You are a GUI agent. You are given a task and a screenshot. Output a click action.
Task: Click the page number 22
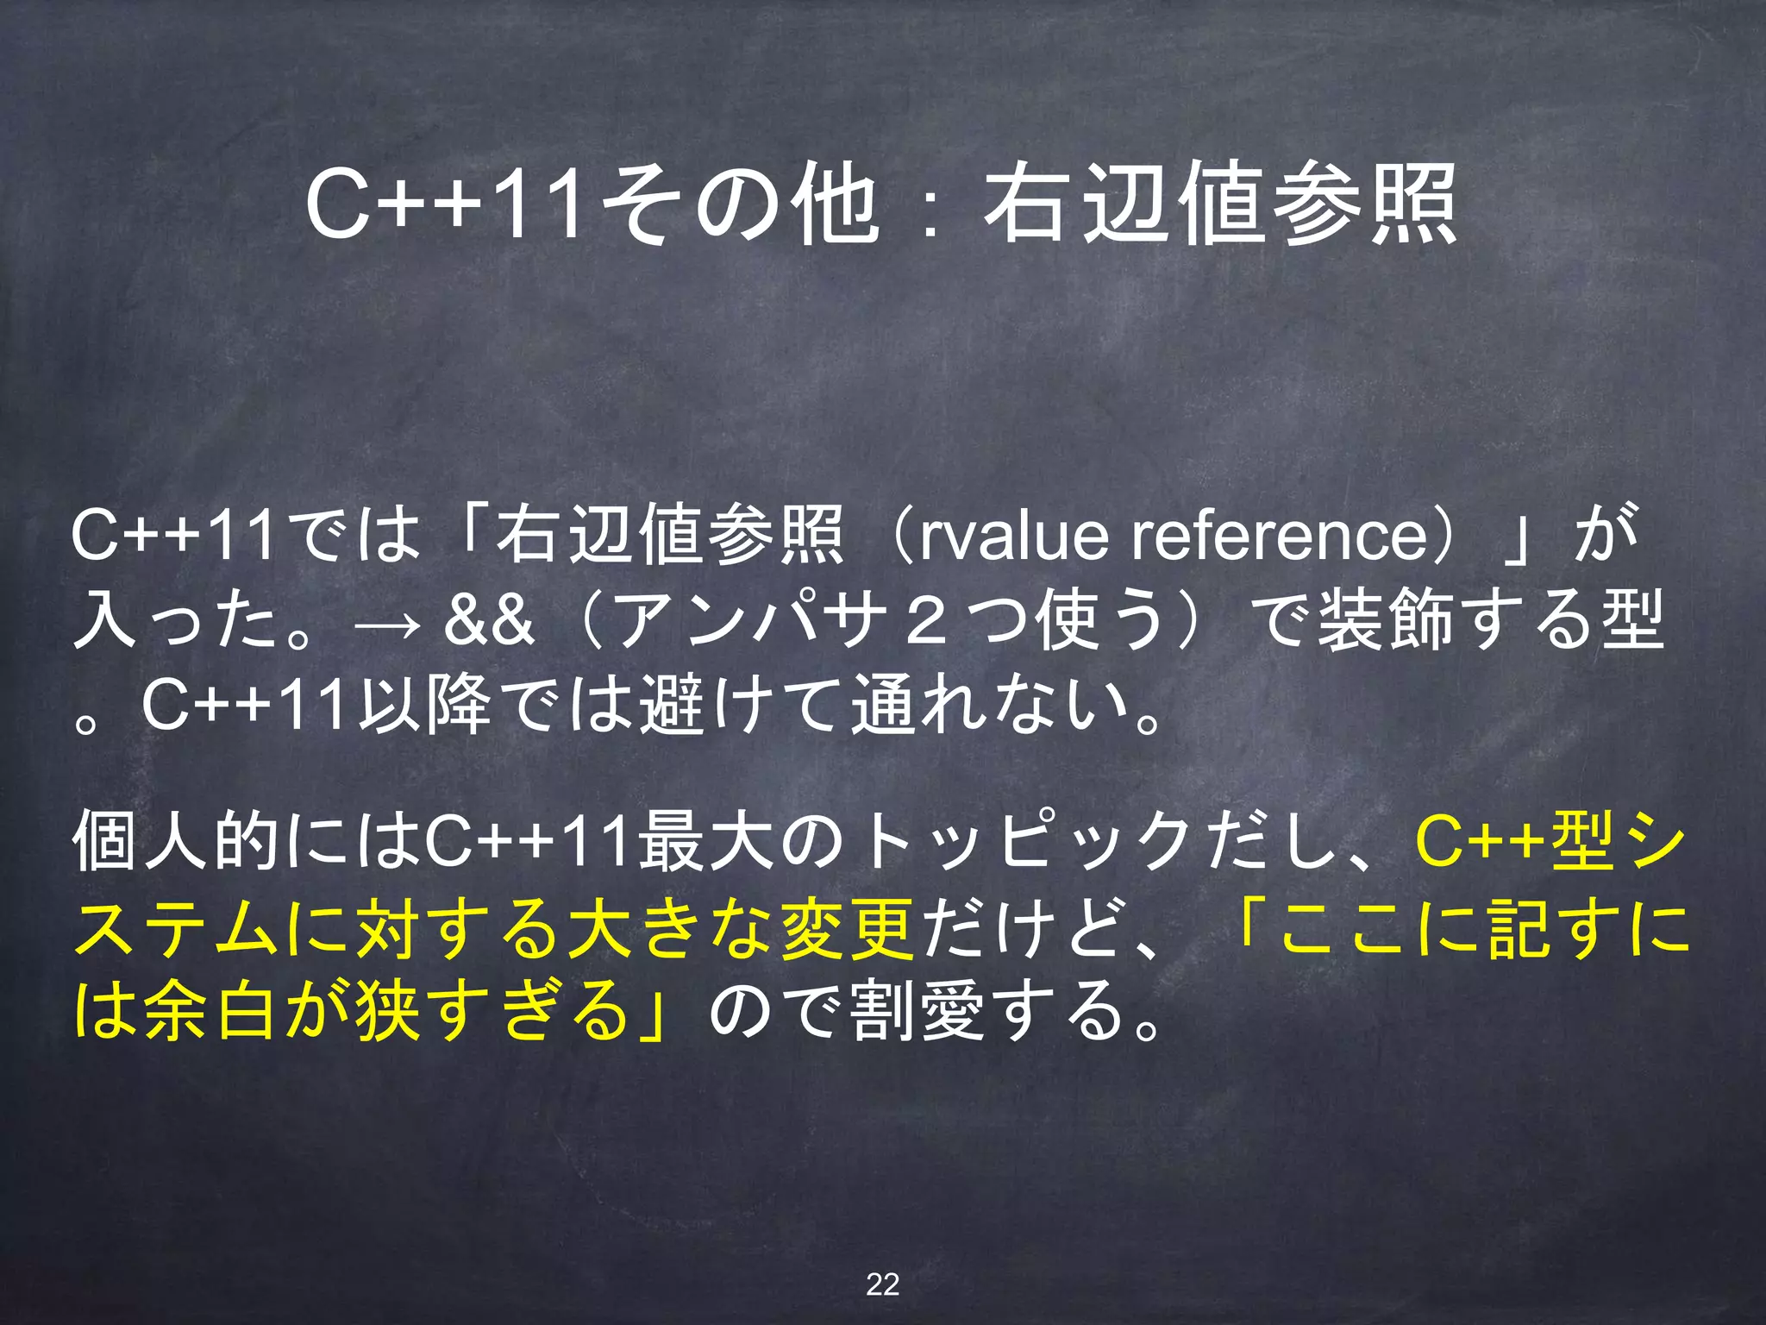pyautogui.click(x=882, y=1284)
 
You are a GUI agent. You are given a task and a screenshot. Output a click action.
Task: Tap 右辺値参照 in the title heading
pyautogui.click(x=1220, y=204)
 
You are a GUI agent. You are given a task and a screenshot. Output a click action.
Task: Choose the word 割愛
pyautogui.click(x=917, y=1011)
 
